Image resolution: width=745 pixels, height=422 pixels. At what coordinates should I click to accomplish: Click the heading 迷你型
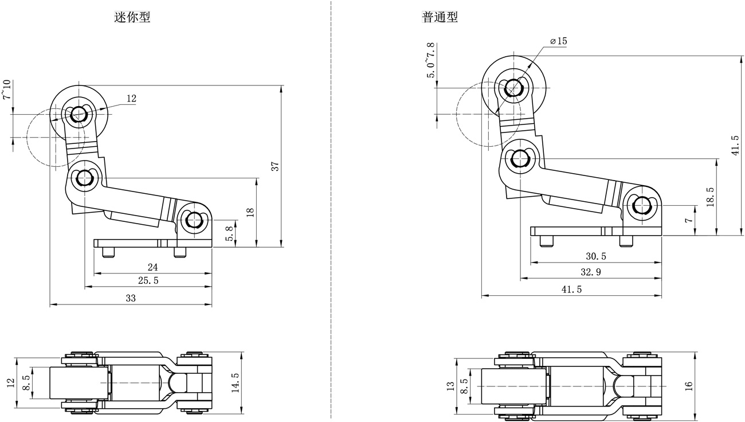[132, 17]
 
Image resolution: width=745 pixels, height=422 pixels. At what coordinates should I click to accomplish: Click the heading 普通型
[440, 17]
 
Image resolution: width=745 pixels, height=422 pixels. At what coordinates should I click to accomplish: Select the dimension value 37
[275, 166]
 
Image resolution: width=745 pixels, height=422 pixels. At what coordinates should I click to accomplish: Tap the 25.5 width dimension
[148, 281]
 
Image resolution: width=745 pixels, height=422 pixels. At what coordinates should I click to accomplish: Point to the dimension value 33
[131, 299]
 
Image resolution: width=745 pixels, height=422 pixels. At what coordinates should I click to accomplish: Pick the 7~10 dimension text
[6, 90]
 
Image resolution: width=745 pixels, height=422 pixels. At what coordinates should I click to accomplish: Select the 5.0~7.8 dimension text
[430, 60]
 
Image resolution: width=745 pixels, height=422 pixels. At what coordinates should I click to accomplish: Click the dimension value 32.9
[590, 272]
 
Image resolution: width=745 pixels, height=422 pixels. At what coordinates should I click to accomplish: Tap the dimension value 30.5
[595, 256]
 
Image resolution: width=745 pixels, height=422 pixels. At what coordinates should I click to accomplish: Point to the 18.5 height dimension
[711, 197]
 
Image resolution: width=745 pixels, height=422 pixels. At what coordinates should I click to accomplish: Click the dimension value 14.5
[235, 382]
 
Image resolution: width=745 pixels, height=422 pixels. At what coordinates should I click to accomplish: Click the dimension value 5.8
[230, 233]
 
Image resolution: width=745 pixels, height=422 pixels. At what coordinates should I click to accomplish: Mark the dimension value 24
[152, 267]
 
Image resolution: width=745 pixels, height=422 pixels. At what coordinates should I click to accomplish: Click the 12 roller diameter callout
[131, 99]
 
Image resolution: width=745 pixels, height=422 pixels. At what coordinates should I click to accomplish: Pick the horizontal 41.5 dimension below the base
[571, 290]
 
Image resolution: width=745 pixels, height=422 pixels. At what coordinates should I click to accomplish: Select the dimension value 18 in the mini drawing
[249, 212]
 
